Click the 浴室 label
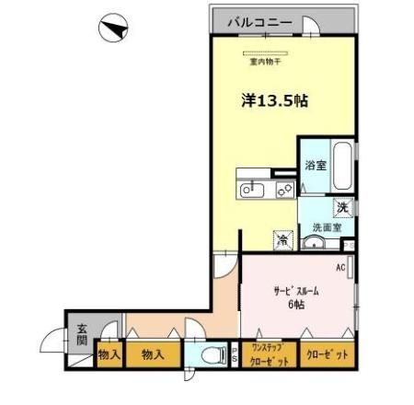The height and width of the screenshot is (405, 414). pyautogui.click(x=314, y=167)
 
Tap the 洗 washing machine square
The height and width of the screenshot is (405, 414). pyautogui.click(x=342, y=207)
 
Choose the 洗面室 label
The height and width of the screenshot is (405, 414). pyautogui.click(x=326, y=226)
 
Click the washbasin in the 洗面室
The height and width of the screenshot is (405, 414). pyautogui.click(x=315, y=244)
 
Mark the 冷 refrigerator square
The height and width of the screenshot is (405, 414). pyautogui.click(x=282, y=237)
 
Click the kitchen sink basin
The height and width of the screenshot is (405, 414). pyautogui.click(x=250, y=190)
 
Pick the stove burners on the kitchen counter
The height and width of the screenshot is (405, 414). pyautogui.click(x=283, y=190)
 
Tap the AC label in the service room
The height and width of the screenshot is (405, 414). pyautogui.click(x=339, y=268)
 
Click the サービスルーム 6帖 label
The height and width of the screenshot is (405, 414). pyautogui.click(x=293, y=296)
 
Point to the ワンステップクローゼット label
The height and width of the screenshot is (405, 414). pyautogui.click(x=268, y=355)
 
